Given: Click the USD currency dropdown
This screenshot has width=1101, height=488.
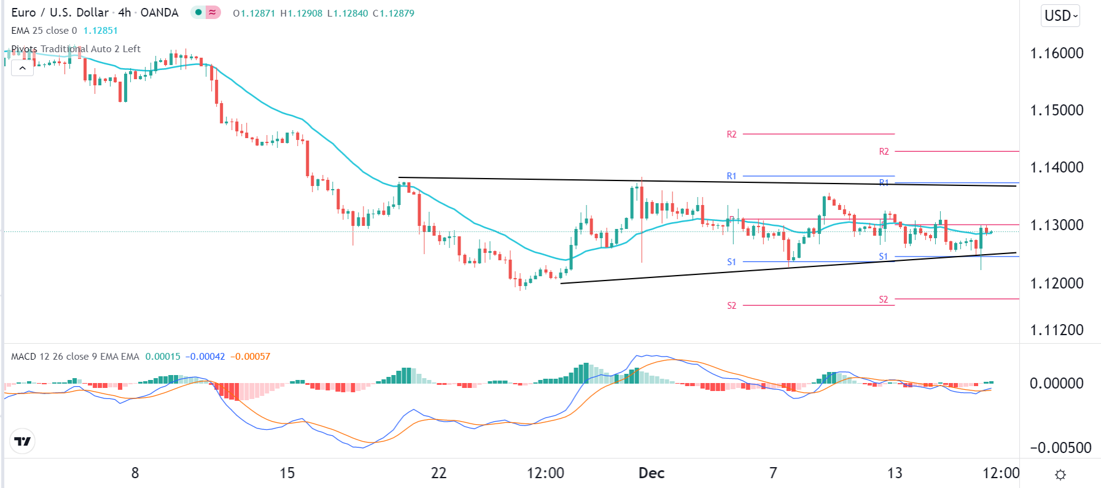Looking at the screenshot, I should [1060, 16].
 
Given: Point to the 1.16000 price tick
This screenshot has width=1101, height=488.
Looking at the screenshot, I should [1056, 53].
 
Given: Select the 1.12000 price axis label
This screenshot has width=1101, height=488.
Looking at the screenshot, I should [1056, 284].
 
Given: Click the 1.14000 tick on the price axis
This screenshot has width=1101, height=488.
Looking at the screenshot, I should [1056, 168].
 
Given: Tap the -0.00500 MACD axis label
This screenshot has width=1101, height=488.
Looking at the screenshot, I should [1060, 447].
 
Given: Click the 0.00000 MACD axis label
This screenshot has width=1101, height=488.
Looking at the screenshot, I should [1056, 384].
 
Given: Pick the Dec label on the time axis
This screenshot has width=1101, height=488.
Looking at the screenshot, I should [652, 473].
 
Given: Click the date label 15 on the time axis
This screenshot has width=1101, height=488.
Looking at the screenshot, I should [287, 473].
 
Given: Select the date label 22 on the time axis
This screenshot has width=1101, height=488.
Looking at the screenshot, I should [438, 473].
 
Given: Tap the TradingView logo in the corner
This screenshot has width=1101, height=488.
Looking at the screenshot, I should [23, 441].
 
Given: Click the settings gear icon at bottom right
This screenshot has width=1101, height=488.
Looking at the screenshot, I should [1060, 474].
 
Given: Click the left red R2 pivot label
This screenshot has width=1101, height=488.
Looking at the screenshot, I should [731, 134].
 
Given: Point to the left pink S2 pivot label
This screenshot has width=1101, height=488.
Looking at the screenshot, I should [731, 306].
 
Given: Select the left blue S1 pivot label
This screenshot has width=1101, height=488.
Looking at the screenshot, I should [731, 262].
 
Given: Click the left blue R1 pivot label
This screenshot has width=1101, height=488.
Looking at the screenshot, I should [731, 176].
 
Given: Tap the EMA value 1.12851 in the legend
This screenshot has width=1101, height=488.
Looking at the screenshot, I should [100, 31].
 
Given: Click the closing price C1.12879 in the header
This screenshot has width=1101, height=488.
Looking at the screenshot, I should [394, 13].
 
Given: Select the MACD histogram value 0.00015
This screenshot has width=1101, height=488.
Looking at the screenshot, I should [163, 357].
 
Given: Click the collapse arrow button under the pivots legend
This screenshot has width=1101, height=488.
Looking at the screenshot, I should [22, 68].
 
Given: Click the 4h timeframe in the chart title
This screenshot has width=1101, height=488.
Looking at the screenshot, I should [124, 13].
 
